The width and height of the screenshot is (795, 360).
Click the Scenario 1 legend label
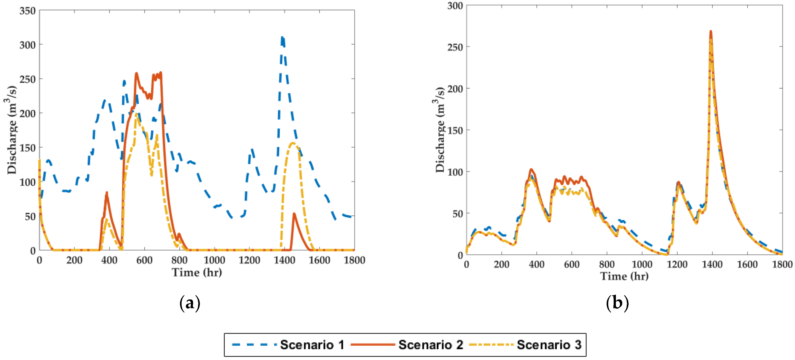coord(312,345)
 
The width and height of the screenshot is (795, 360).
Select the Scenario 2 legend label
coord(430,345)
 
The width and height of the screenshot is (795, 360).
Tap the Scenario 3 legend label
coord(549,345)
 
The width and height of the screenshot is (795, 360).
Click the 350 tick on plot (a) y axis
coord(28,11)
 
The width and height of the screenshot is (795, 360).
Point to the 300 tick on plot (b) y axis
coord(455,6)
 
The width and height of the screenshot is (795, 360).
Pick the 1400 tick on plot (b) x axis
coord(712,264)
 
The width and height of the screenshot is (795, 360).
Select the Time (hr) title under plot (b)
coord(624,276)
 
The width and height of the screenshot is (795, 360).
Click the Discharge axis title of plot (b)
coord(440,130)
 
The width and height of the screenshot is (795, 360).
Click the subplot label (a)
coord(189,303)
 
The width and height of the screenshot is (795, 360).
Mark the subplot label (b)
coord(617,303)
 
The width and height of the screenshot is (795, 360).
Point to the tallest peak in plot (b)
coord(711,31)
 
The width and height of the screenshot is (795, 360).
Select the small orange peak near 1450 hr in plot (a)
coord(294,214)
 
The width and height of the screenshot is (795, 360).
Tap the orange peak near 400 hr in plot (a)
coord(107,193)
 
